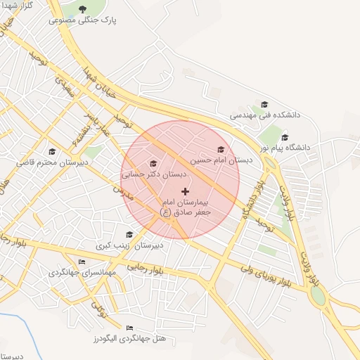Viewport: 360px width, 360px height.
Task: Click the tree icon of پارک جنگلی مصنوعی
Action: [x=83, y=9]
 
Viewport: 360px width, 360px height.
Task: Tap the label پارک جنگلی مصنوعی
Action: [x=83, y=20]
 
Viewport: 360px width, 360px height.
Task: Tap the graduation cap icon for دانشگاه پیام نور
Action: [x=285, y=137]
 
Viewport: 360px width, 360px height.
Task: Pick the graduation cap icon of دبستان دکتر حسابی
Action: [x=153, y=163]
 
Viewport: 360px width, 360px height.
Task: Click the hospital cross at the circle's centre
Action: [x=185, y=191]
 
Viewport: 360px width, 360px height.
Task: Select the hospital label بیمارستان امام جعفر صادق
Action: [x=185, y=206]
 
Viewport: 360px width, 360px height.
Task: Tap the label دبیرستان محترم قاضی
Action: [x=52, y=162]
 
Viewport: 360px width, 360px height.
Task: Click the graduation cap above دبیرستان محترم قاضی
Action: [x=51, y=152]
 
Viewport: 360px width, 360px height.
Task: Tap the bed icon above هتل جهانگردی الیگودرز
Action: [x=129, y=328]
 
